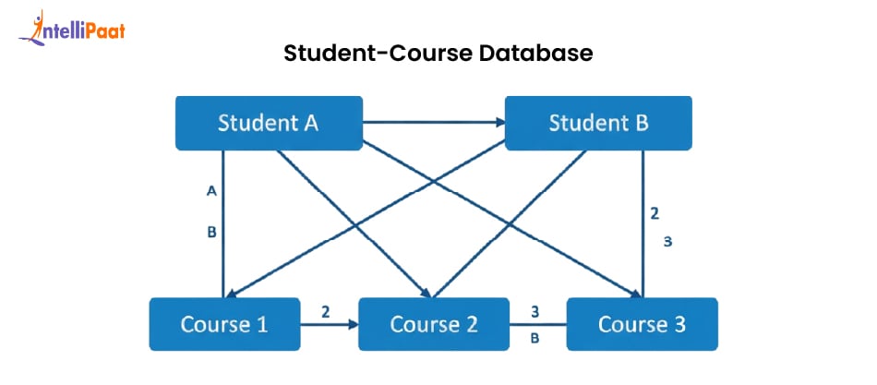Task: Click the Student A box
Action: [268, 123]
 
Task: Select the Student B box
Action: [598, 123]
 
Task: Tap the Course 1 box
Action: [224, 324]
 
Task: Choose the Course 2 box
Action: [433, 324]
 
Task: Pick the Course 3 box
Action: [641, 324]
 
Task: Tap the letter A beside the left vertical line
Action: [211, 191]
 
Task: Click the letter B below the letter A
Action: [211, 233]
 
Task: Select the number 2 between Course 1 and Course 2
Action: [326, 311]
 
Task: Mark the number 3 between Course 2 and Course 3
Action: [535, 311]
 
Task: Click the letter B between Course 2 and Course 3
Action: [535, 338]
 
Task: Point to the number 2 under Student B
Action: [654, 213]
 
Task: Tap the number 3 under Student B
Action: [667, 242]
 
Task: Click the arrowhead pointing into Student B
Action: [498, 122]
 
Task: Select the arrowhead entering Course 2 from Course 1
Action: [352, 325]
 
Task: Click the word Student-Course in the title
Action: [378, 54]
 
